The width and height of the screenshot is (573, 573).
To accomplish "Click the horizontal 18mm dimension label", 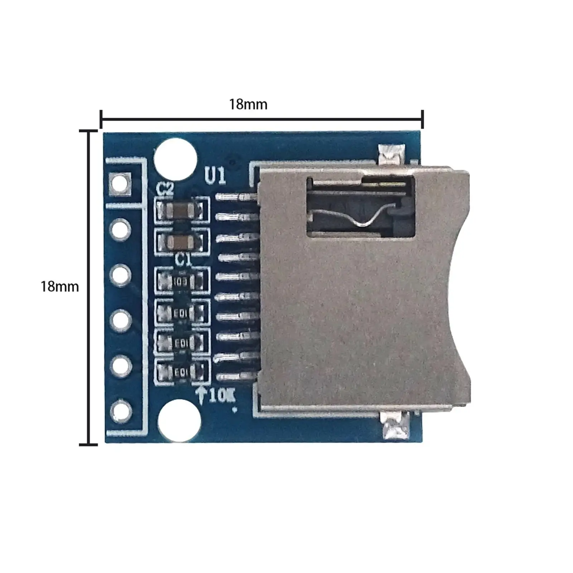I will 248,104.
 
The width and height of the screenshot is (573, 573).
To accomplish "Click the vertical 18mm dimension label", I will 59,287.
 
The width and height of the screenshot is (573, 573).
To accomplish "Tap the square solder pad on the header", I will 120,183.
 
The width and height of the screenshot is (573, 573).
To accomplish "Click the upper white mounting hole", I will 175,159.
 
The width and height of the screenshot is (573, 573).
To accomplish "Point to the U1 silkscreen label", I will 215,176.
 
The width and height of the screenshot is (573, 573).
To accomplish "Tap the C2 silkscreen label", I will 165,189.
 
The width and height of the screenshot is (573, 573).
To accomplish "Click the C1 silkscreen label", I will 183,260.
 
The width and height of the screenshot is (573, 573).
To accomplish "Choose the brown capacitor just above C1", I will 182,242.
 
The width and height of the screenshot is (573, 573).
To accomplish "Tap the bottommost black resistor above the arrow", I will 181,373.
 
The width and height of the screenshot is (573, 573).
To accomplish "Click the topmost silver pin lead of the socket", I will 236,197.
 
